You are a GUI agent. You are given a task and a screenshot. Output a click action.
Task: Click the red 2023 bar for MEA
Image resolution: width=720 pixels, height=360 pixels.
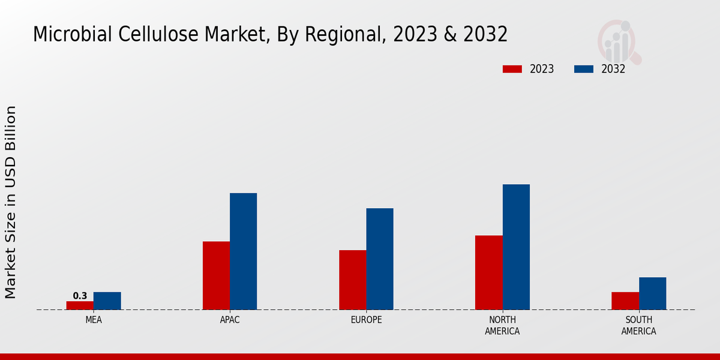[x=80, y=305]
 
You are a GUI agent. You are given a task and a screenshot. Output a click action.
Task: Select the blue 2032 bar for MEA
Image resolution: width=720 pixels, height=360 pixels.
[x=107, y=301]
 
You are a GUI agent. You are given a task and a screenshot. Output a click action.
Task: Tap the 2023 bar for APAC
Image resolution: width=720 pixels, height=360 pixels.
[x=216, y=275]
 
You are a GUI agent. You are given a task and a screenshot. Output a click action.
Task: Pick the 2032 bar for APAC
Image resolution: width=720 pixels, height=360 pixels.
[x=243, y=251]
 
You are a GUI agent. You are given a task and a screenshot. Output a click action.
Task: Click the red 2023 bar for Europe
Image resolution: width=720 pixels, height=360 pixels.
[x=352, y=280]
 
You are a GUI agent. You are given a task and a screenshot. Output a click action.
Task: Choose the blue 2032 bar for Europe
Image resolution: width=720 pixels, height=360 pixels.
[x=380, y=259]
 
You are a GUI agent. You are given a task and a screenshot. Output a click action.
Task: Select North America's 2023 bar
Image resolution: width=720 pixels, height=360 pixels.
[x=489, y=272]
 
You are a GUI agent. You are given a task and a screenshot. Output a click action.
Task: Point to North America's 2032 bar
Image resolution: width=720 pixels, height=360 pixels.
[x=516, y=247]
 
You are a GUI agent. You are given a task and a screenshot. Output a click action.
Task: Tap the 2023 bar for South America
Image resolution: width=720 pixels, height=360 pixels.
[x=625, y=301]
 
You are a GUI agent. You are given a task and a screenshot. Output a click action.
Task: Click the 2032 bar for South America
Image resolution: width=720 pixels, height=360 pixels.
[x=652, y=293]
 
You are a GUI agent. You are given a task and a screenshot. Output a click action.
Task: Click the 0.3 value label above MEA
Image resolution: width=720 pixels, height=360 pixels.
[x=80, y=296]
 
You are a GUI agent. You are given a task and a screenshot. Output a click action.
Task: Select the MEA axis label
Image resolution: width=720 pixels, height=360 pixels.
[x=94, y=320]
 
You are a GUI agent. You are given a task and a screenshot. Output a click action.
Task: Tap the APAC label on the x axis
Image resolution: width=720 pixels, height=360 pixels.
[x=230, y=320]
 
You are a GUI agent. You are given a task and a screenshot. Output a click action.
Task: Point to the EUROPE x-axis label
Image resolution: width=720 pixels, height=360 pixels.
[x=366, y=320]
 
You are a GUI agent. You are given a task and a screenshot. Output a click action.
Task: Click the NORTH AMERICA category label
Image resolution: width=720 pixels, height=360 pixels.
[x=503, y=325]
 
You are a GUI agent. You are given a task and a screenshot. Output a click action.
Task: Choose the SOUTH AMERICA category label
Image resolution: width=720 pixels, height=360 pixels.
[x=638, y=325]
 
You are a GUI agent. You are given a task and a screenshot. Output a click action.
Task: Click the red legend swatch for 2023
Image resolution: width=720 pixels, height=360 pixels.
[x=512, y=69]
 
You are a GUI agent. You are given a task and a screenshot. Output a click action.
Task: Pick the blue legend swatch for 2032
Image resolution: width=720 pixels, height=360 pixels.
[x=583, y=69]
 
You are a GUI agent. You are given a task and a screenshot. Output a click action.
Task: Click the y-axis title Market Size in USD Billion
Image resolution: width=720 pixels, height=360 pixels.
[x=11, y=202]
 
